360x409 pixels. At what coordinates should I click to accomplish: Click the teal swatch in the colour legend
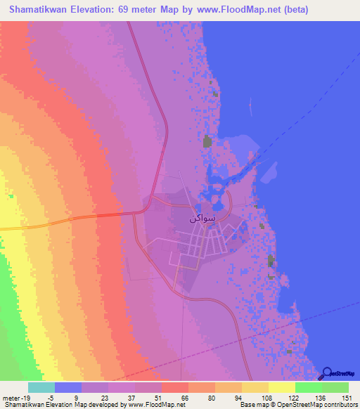(41, 387)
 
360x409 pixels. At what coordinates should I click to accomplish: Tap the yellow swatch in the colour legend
(281, 387)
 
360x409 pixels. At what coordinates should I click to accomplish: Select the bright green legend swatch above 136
(308, 387)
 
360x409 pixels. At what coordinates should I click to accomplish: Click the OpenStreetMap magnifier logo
(326, 373)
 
